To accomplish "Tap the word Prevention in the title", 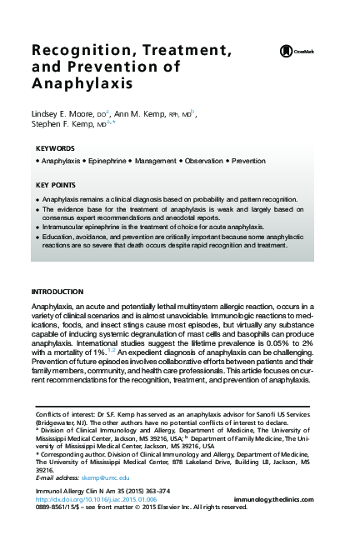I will click(93, 68).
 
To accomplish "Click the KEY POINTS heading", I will click(56, 184).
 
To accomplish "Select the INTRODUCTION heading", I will click(57, 292).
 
